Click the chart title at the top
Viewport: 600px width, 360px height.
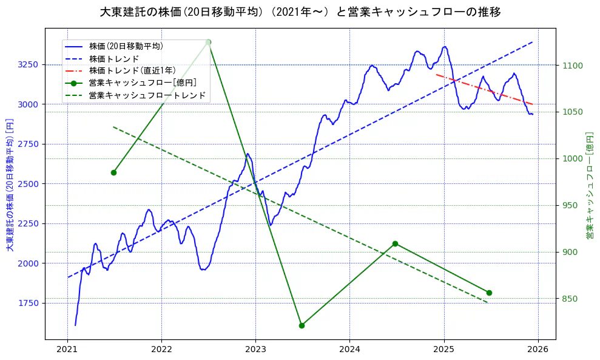coord(300,12)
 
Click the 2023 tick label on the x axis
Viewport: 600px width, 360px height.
coord(255,349)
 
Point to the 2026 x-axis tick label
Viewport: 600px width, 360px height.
coord(538,349)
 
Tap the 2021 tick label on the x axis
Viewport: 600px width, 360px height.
coord(67,349)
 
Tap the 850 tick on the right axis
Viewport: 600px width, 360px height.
coord(568,299)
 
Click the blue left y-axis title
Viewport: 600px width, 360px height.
coord(9,183)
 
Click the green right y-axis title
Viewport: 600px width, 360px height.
coord(590,183)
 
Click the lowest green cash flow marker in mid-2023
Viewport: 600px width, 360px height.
coord(302,325)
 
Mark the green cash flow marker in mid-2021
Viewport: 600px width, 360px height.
coord(113,172)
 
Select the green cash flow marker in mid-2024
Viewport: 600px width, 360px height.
coord(395,243)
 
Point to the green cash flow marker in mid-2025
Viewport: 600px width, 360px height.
coord(489,293)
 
